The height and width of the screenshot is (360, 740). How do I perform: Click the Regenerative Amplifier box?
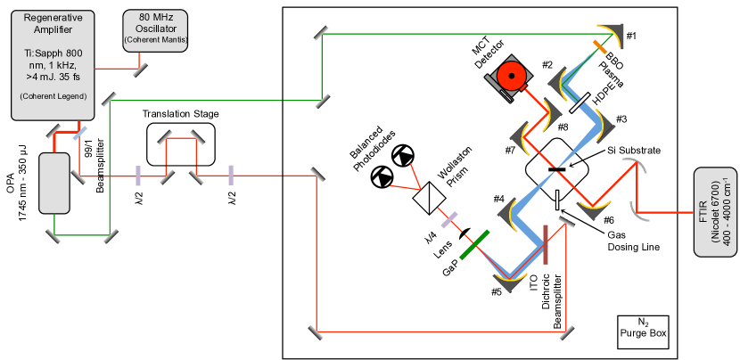tap(54, 62)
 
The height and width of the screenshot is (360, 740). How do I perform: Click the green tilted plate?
tap(473, 245)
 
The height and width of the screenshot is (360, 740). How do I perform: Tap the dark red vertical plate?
tap(545, 245)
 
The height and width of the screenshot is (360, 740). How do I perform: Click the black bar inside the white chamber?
tap(556, 168)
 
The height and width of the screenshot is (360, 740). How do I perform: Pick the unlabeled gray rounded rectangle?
tap(53, 184)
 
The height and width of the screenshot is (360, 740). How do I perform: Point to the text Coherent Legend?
tap(54, 95)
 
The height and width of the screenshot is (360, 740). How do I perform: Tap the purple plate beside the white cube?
tap(449, 219)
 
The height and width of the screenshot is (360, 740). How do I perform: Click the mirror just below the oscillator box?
tap(140, 68)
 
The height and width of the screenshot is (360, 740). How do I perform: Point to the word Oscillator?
tap(156, 29)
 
